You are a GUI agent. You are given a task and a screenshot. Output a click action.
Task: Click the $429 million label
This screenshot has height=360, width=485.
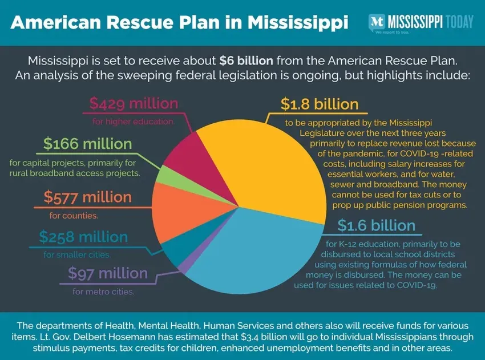(x=134, y=104)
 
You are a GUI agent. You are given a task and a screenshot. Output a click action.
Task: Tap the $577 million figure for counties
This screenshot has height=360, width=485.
(x=87, y=198)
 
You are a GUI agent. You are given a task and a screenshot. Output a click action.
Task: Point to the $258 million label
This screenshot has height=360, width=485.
(x=83, y=236)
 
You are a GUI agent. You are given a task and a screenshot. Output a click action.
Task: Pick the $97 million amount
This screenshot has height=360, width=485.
(x=108, y=274)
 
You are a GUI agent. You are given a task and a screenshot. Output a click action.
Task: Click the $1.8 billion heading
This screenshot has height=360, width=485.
(x=320, y=104)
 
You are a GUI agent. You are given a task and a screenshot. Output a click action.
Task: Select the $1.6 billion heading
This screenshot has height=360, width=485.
(x=376, y=225)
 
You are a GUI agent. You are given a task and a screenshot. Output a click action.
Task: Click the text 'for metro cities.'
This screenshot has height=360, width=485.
(x=103, y=292)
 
